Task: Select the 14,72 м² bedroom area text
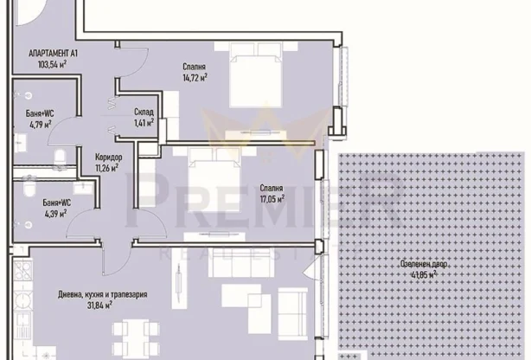click(194, 76)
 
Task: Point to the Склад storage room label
click(144, 112)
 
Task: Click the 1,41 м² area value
click(144, 122)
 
